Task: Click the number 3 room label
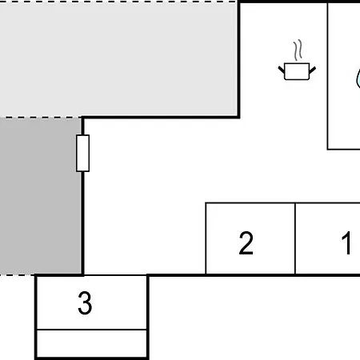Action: point(85,302)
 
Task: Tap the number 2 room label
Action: point(246,242)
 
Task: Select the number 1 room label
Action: point(346,242)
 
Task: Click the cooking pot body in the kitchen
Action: point(297,71)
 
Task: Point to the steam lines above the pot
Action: point(298,50)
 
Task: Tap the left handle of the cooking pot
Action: point(282,70)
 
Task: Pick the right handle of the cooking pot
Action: point(313,70)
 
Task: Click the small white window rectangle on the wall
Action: point(82,154)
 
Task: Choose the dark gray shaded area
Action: point(41,196)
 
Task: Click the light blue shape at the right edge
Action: point(358,78)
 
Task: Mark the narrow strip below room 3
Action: point(91,343)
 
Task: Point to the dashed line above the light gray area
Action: point(118,2)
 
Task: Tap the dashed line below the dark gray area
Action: point(18,274)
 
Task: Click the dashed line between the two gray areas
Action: point(41,117)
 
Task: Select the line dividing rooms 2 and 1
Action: point(295,238)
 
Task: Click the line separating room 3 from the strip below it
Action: point(91,330)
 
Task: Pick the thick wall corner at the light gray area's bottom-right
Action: point(238,117)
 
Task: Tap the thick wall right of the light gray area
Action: point(238,59)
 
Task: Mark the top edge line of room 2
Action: point(250,203)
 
